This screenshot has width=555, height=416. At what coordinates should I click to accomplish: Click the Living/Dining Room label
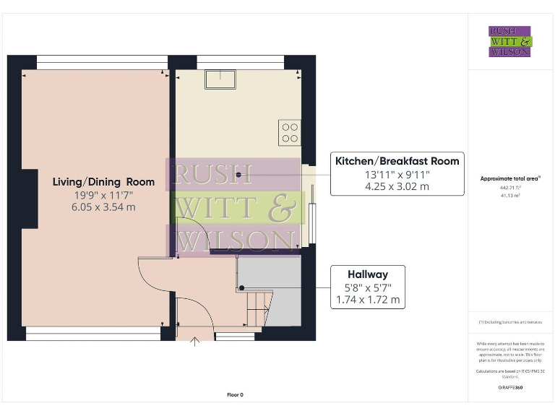(93, 182)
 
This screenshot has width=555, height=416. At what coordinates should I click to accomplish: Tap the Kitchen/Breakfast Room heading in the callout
(397, 161)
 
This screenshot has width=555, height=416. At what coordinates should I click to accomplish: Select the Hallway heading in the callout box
(367, 274)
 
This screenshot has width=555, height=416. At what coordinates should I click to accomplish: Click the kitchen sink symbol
(220, 78)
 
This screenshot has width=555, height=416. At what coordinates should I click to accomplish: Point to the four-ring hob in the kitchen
(290, 133)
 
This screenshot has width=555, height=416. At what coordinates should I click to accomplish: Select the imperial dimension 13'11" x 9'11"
(397, 174)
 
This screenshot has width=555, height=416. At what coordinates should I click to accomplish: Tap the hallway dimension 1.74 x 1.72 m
(367, 300)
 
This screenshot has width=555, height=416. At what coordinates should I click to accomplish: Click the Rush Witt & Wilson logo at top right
(509, 41)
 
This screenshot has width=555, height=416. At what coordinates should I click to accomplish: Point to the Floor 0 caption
(236, 395)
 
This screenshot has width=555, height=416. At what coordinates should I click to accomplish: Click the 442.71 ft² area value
(510, 186)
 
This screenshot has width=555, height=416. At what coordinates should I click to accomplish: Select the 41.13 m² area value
(510, 195)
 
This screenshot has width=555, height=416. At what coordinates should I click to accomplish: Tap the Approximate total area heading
(510, 178)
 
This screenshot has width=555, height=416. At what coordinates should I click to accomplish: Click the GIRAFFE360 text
(510, 388)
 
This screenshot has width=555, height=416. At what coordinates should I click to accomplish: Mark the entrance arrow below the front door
(194, 340)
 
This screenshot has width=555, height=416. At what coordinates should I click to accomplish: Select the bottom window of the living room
(92, 334)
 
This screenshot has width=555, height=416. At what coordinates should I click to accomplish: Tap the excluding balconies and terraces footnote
(510, 321)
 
